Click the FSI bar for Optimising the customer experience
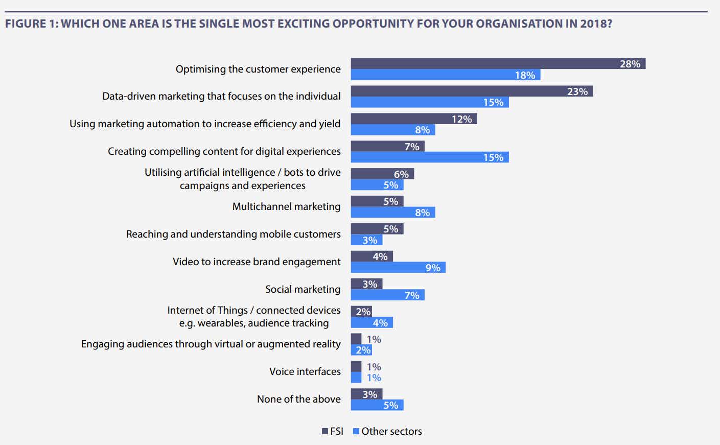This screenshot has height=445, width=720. [x=498, y=64]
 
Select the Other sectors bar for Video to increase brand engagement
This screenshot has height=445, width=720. [x=398, y=267]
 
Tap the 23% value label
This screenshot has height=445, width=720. [x=577, y=91]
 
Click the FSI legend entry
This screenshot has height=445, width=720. [x=333, y=431]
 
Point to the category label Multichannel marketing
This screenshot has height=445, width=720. [x=286, y=206]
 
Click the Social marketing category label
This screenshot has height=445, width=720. [x=303, y=289]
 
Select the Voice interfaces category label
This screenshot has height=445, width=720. [x=305, y=371]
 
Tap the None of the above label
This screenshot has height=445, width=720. [x=298, y=399]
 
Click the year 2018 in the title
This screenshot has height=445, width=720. [x=595, y=24]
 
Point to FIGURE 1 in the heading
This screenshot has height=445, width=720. [x=31, y=24]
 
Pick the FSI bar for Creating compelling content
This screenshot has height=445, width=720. [x=387, y=147]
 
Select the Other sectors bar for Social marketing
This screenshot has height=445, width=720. [x=387, y=295]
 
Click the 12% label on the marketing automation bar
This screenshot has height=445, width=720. [x=461, y=119]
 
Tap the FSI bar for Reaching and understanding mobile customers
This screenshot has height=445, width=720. [x=377, y=229]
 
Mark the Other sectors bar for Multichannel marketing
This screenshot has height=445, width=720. [x=392, y=212]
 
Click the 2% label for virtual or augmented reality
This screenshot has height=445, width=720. [x=363, y=350]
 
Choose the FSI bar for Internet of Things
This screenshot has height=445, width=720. [x=361, y=311]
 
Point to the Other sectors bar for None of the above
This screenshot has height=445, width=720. [x=377, y=405]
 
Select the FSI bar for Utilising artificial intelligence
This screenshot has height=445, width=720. [x=382, y=174]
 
